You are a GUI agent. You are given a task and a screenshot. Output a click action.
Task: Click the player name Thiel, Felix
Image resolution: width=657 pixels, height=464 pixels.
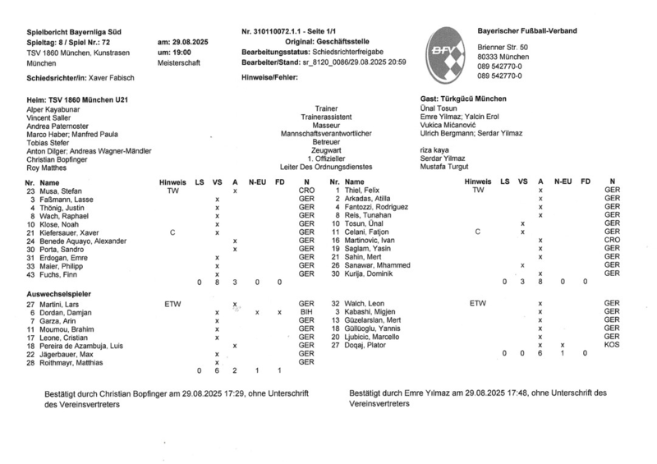365,191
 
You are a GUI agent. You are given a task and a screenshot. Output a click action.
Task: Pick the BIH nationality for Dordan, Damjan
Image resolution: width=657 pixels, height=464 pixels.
306,313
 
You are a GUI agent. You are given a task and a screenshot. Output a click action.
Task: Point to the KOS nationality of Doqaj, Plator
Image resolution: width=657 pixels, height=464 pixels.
611,345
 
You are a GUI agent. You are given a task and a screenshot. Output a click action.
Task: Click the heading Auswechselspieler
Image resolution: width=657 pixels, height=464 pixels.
60,293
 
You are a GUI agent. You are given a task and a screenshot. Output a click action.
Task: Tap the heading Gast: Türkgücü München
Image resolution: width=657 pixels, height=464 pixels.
464,98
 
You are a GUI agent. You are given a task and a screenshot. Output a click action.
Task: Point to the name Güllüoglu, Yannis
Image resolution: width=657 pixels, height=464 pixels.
378,328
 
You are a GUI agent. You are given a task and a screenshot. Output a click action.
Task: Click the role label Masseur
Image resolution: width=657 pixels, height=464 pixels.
315,125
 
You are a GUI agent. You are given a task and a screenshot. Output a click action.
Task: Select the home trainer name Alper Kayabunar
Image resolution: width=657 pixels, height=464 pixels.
53,108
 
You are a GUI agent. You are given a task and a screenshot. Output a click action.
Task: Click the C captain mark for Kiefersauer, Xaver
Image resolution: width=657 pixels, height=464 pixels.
172,232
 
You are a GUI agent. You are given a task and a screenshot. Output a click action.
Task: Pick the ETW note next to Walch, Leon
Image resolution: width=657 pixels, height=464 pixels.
477,304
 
